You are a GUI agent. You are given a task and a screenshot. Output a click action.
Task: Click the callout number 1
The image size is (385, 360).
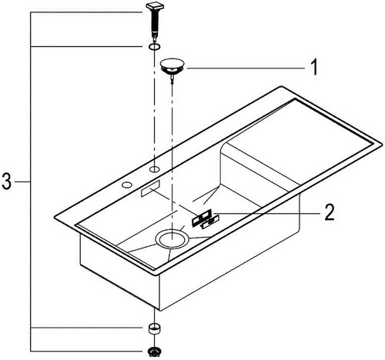coord(314,67)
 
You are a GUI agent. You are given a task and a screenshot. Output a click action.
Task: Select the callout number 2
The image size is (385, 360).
coord(330,212)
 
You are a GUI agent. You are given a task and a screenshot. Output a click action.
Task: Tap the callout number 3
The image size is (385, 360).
coord(7,182)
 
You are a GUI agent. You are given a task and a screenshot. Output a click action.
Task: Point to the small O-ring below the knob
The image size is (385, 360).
coord(154,47)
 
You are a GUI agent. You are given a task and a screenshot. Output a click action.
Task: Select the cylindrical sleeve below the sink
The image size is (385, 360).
coord(154,328)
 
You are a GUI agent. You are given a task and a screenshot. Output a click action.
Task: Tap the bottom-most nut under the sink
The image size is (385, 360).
coord(154,352)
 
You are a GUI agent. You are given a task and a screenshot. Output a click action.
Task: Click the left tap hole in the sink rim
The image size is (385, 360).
coord(127,185)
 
